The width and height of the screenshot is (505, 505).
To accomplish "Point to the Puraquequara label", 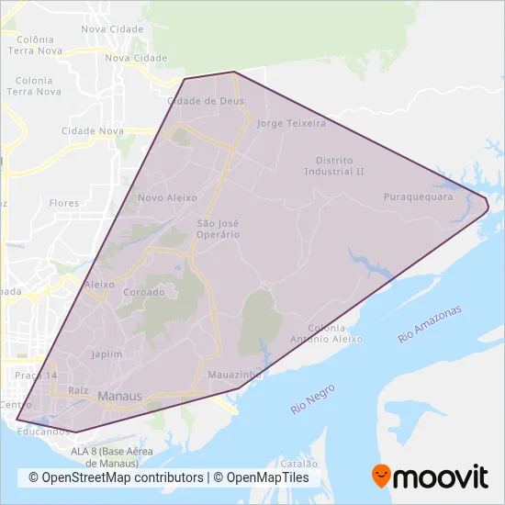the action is click(418, 196).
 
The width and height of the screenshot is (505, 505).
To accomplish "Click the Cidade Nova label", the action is click(92, 131).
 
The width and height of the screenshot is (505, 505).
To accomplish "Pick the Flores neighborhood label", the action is click(64, 202).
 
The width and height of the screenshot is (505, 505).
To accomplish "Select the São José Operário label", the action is click(219, 229).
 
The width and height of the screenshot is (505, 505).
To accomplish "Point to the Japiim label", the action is click(107, 353).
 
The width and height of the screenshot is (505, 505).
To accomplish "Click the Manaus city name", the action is click(119, 397).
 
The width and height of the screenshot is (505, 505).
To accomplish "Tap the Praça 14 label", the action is click(37, 376).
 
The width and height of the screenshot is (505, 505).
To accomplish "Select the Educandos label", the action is click(42, 431).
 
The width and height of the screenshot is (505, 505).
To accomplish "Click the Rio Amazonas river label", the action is click(432, 324).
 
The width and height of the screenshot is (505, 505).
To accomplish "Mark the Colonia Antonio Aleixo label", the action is click(335, 333).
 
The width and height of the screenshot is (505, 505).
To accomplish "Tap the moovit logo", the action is click(430, 477).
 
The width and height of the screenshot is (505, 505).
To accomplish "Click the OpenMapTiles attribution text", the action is click(268, 477).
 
